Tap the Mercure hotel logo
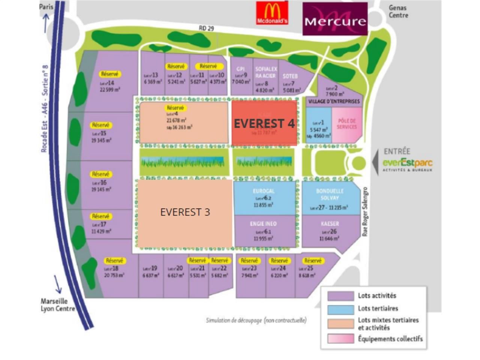tap(335, 19)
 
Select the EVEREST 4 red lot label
tap(264, 123)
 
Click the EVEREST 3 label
tap(185, 212)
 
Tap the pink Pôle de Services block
tap(347, 125)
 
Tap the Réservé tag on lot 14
tap(109, 74)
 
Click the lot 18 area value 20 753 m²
tap(114, 275)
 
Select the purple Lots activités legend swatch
tap(340, 296)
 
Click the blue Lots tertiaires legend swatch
tap(340, 309)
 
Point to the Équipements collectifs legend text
tap(390, 339)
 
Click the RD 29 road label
tap(206, 28)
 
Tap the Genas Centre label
tap(398, 11)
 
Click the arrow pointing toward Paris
tap(46, 23)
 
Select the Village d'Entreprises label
tap(334, 101)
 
